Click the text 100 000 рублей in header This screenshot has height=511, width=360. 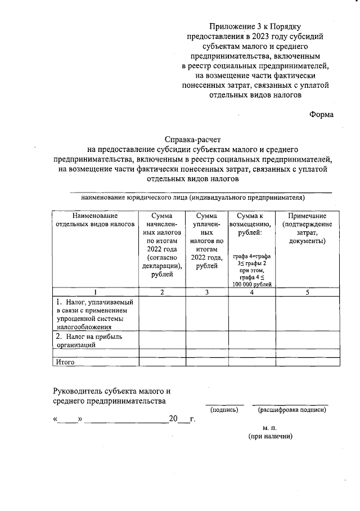pos(251,284)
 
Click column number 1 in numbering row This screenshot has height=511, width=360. pos(95,292)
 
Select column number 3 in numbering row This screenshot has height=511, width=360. pos(206,292)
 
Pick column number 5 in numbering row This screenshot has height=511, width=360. pos(307,292)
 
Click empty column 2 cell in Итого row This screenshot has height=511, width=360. pos(162,362)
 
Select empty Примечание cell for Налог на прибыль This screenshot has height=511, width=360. pos(307,340)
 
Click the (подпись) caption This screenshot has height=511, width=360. pos(224,410)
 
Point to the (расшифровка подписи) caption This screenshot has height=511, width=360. pos(291,410)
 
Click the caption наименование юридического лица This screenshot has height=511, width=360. pos(193,198)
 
